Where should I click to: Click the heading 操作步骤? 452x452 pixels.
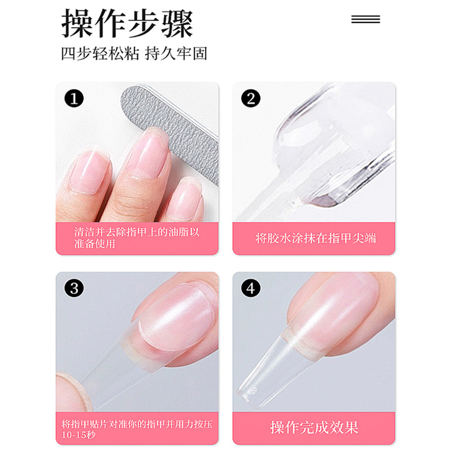coord(127,23)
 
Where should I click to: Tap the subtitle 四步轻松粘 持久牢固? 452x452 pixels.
coord(134,53)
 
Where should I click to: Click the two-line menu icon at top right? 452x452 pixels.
coord(366,19)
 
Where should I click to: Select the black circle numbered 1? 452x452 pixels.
coord(74,98)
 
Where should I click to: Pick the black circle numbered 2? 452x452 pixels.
coord(251,98)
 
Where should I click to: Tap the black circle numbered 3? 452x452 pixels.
coord(74,288)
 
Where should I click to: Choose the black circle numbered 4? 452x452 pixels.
coord(251,288)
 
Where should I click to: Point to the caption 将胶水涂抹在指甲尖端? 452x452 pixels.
coord(315,238)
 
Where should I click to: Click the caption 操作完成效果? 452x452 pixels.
coord(314,427)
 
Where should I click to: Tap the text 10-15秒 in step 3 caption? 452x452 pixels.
coord(79,434)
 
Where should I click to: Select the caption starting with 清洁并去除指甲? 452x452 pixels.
coord(137,238)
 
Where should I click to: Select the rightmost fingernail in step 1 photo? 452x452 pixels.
coord(185,196)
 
